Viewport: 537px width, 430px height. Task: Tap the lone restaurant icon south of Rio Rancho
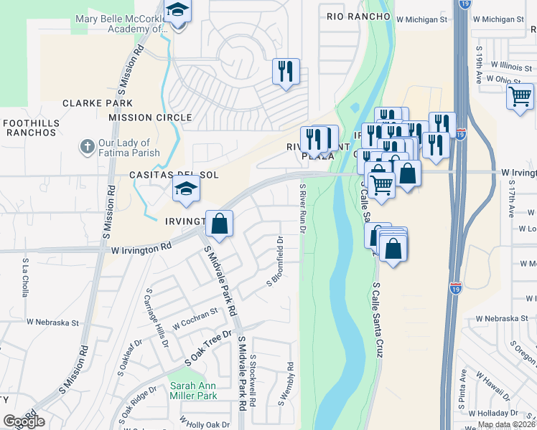click(286, 71)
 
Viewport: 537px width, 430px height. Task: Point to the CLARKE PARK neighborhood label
click(98, 103)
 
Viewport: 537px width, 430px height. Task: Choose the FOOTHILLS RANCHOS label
click(30, 128)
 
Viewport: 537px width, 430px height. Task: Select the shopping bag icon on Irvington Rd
click(220, 223)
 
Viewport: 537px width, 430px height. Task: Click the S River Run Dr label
click(302, 209)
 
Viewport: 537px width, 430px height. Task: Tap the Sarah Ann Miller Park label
click(194, 391)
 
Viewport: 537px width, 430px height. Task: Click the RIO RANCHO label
click(357, 16)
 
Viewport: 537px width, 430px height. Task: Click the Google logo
click(24, 421)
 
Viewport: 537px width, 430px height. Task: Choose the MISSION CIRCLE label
click(150, 118)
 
